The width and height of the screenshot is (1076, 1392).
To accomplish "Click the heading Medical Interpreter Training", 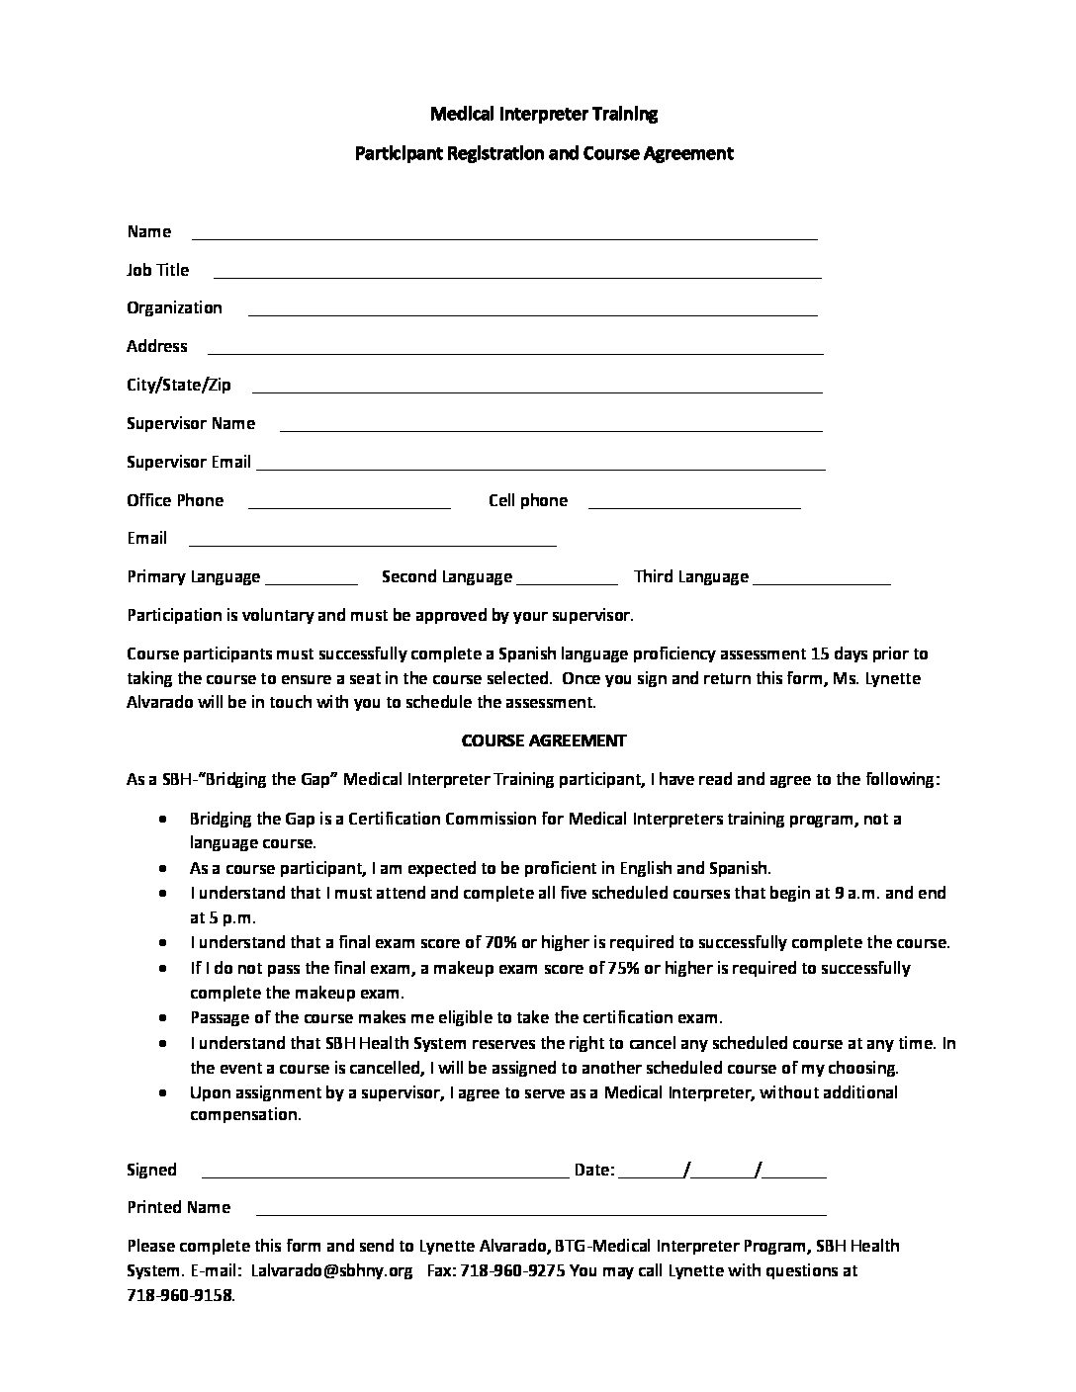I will (543, 114).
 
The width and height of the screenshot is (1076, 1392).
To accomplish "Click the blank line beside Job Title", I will (517, 276).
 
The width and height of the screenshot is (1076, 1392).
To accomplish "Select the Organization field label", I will (174, 307).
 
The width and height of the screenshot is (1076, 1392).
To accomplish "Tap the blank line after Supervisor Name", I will (551, 429).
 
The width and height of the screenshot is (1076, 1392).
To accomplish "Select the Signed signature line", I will (385, 1176).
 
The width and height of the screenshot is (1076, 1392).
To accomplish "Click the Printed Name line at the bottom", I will (541, 1213).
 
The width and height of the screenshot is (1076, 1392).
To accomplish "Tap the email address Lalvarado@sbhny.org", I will (331, 1270).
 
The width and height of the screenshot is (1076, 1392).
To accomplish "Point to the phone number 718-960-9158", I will (181, 1295).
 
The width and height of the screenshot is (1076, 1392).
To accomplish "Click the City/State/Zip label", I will (179, 385).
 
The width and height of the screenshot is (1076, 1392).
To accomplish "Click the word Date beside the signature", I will (592, 1171).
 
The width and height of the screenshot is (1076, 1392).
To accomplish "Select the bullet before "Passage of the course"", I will (162, 1018).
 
